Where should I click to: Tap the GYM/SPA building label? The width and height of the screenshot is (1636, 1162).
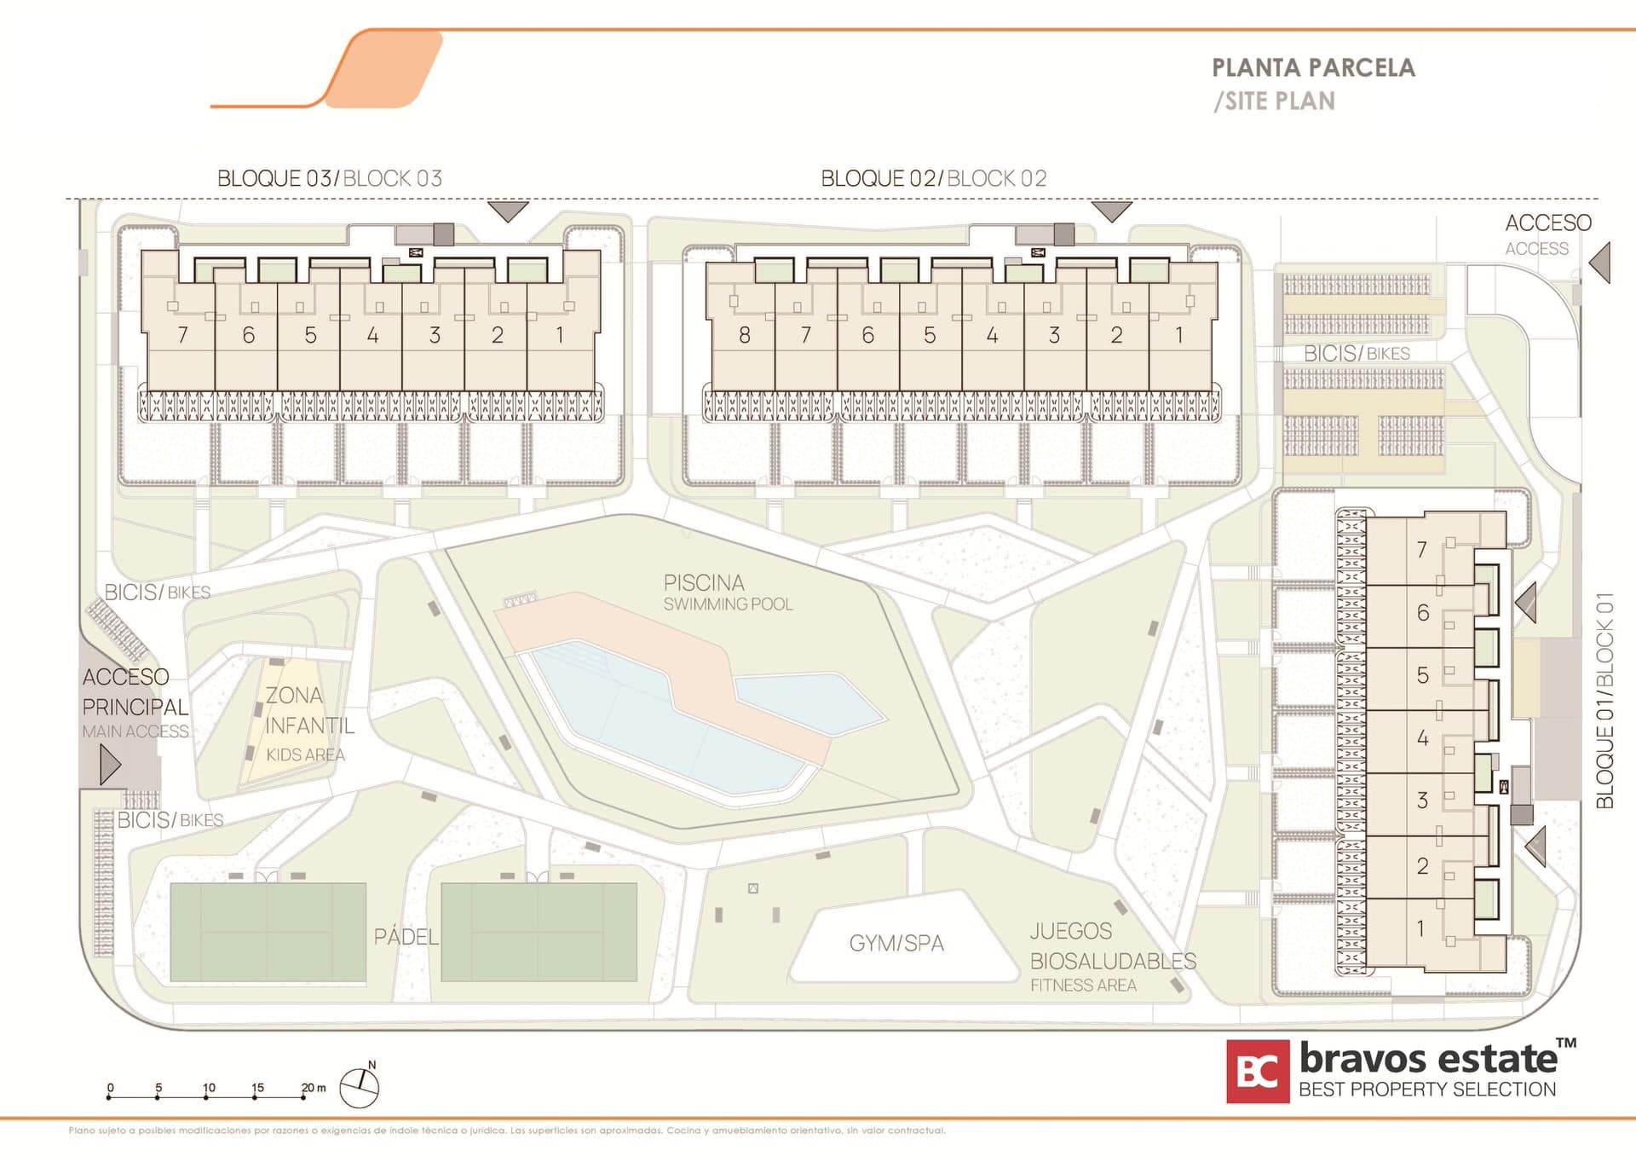896,943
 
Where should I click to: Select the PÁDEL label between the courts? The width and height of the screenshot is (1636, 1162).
406,937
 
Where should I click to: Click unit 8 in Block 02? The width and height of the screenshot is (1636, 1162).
744,335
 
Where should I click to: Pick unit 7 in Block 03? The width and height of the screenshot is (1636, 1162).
182,335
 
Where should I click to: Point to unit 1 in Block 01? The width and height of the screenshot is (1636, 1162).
1420,928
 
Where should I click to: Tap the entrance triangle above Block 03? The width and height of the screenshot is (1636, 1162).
508,211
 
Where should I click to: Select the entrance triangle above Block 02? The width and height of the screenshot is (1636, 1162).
1111,211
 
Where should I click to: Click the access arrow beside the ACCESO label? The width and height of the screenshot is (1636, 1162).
1601,263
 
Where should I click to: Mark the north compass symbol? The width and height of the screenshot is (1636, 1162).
360,1086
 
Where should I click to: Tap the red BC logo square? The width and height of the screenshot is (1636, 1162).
1257,1072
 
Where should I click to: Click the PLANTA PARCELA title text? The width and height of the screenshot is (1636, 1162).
1313,68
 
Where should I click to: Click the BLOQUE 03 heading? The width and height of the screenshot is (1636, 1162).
330,178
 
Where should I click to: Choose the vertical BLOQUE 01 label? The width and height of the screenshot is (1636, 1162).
1604,700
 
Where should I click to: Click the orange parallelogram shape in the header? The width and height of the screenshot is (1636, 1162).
384,69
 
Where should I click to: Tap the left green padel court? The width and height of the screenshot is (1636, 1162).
268,932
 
